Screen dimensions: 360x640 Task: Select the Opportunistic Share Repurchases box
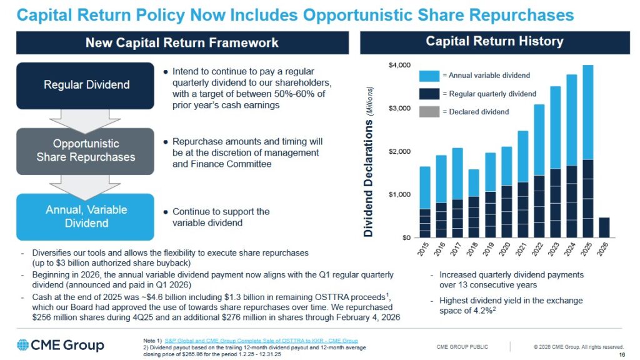(85, 151)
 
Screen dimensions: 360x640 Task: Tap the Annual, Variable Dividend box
(85, 216)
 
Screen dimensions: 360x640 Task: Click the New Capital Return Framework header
(182, 43)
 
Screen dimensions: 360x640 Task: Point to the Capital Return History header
(494, 42)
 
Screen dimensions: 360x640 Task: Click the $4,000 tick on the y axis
(400, 66)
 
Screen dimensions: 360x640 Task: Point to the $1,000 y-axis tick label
(400, 195)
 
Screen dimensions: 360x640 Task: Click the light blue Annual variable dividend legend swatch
(429, 76)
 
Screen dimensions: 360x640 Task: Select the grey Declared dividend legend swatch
(429, 112)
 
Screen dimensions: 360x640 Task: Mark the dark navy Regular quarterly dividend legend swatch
(429, 94)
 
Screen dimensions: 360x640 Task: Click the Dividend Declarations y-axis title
(369, 161)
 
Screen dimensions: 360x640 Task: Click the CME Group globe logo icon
(23, 345)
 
